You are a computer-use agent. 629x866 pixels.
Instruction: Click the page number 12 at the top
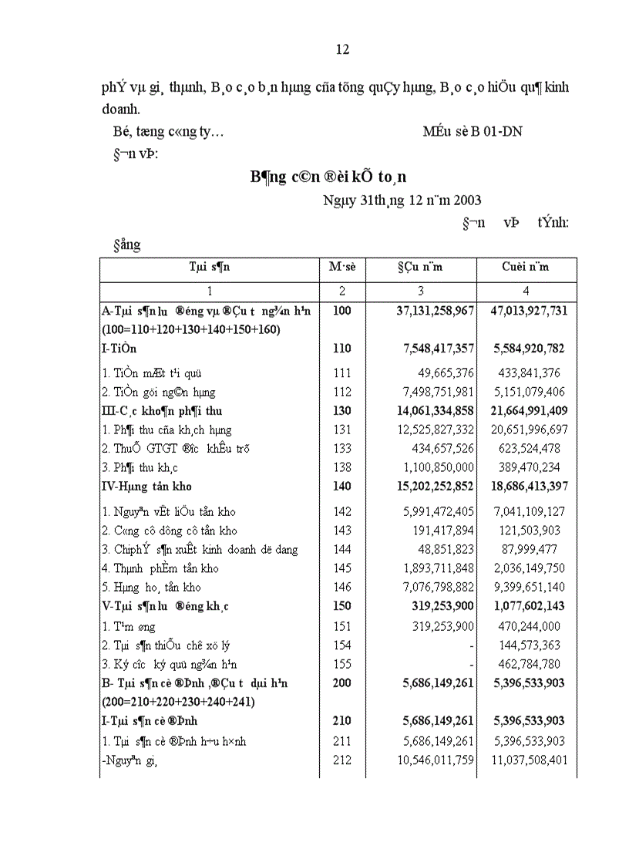tap(343, 49)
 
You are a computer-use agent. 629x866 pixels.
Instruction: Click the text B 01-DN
tap(496, 131)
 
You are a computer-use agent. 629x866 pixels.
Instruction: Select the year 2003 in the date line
tap(466, 200)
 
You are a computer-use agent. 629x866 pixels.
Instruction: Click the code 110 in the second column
tap(341, 349)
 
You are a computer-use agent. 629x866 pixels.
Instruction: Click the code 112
tap(341, 392)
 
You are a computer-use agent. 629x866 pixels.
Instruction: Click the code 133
tap(341, 448)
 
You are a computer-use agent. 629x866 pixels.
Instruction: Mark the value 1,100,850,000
tap(434, 467)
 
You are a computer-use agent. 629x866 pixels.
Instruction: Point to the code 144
tap(341, 549)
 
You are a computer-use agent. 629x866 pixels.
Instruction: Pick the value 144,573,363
tap(533, 645)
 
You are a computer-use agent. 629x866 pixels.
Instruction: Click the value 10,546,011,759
tap(431, 760)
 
